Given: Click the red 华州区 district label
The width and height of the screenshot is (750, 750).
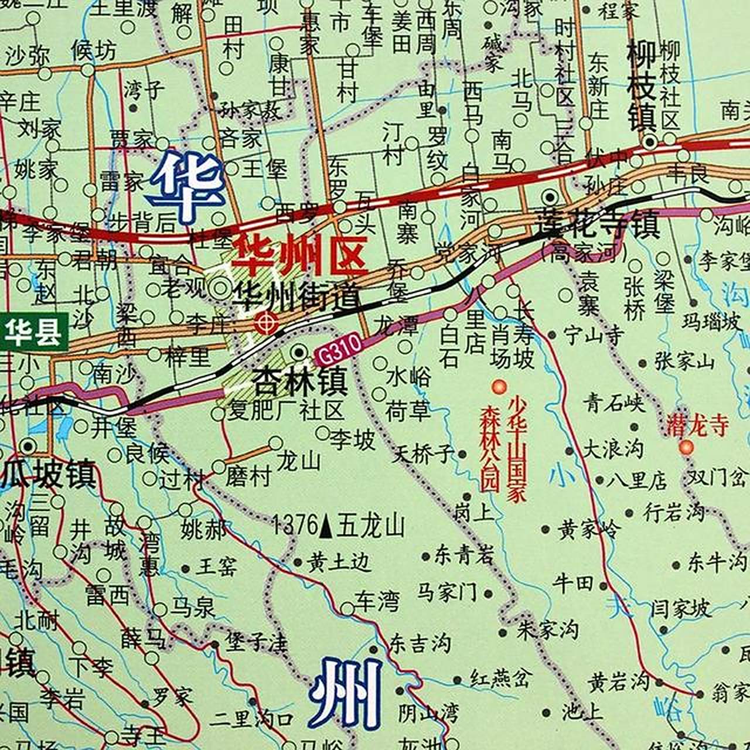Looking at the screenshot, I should click(299, 256).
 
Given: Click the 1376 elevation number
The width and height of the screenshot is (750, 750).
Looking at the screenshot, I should click(295, 525).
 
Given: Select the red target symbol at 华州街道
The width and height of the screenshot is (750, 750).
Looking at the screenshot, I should click(266, 322).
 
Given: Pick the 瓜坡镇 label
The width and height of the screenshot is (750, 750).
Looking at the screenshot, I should click(49, 473).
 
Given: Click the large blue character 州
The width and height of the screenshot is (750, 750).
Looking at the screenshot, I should click(346, 693).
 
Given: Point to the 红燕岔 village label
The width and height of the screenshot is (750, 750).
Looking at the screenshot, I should click(500, 679).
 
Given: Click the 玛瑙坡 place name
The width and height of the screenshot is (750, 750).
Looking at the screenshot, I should click(711, 321).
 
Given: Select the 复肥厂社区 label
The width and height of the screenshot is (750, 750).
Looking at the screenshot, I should click(285, 410).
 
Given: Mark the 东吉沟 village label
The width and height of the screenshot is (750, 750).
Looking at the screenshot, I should click(420, 643).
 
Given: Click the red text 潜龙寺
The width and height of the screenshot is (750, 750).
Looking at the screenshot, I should click(697, 426).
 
